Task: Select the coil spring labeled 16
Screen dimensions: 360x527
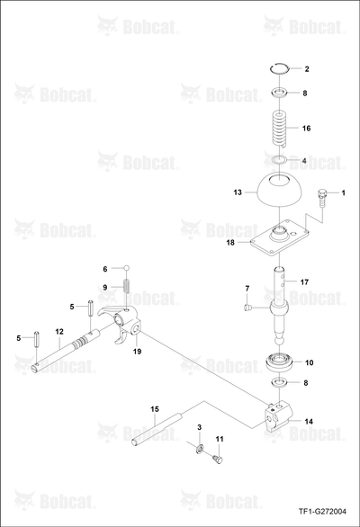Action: (x=280, y=129)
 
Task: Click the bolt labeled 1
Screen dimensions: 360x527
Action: (x=321, y=199)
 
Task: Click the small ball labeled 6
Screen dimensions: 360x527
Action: (x=127, y=268)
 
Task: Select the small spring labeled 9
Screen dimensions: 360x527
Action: (x=127, y=286)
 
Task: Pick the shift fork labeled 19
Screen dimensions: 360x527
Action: (x=121, y=324)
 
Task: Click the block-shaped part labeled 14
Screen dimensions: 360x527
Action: (x=279, y=416)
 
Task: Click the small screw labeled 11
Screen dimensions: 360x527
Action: (x=219, y=459)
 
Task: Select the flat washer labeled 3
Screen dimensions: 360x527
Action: (x=200, y=449)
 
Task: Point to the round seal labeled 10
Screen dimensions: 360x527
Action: (x=280, y=362)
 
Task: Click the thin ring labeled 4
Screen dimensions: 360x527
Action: (x=280, y=158)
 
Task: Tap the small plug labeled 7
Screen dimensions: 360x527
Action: (x=247, y=307)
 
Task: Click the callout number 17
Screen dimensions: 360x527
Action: (x=304, y=282)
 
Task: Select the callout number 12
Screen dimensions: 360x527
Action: (x=59, y=332)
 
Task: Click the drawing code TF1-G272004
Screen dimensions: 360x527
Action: (x=322, y=512)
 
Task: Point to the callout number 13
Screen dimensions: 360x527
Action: (x=238, y=192)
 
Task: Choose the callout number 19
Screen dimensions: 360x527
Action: (x=137, y=352)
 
